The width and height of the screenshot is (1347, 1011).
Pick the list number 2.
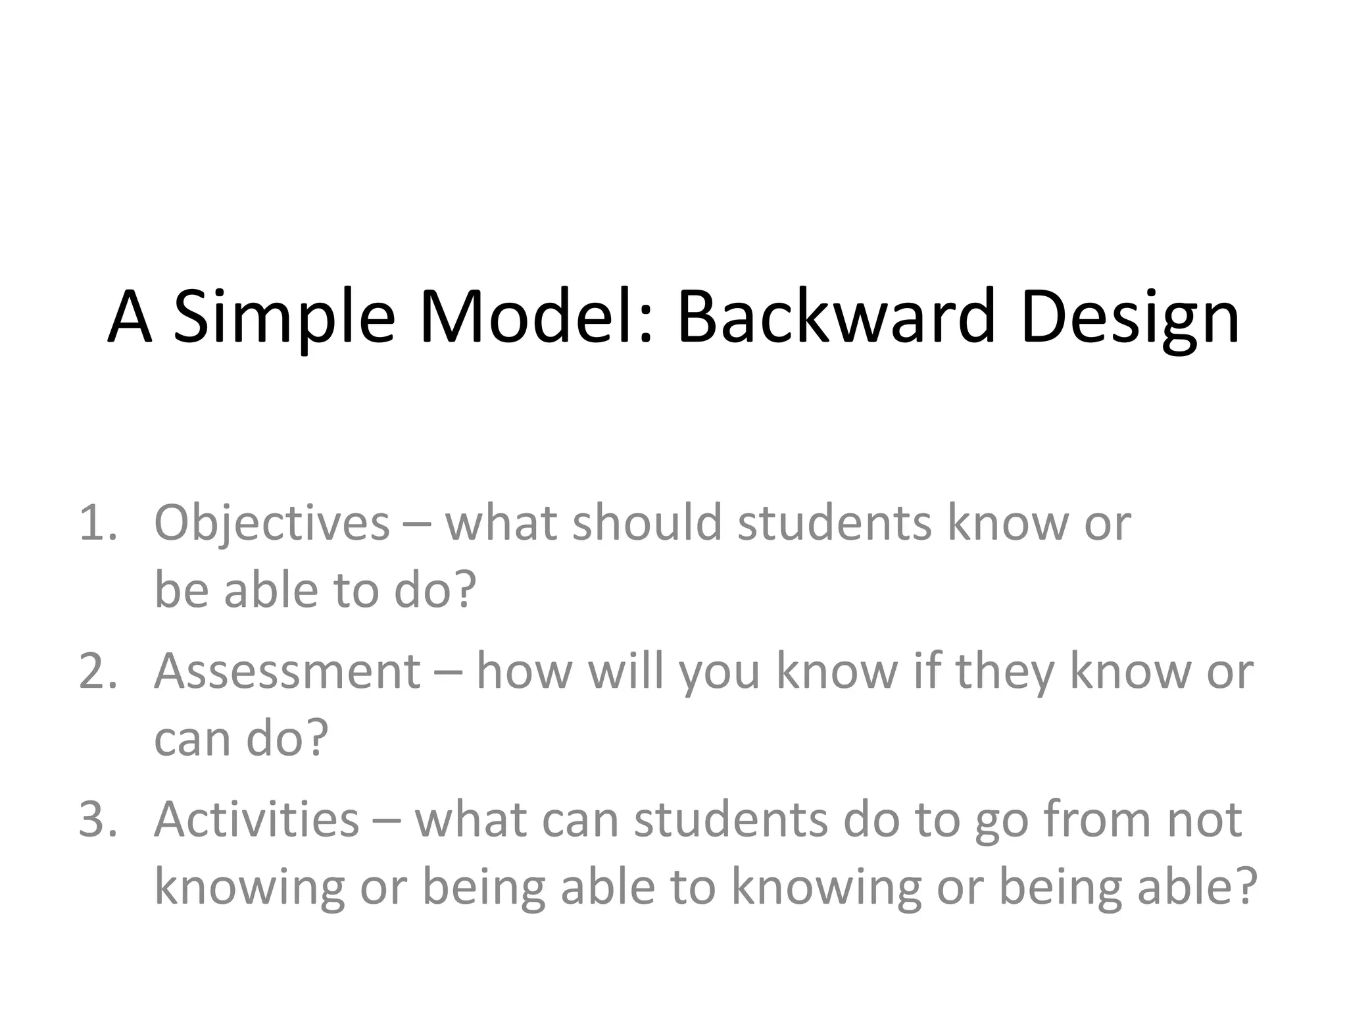tap(97, 672)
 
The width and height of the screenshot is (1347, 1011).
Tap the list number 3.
tap(97, 820)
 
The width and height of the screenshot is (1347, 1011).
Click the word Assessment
tap(287, 672)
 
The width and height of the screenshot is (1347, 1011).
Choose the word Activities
tap(257, 820)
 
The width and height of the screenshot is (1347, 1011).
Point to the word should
tap(647, 523)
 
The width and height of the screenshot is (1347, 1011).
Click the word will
tap(625, 671)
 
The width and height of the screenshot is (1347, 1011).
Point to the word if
tap(927, 671)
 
